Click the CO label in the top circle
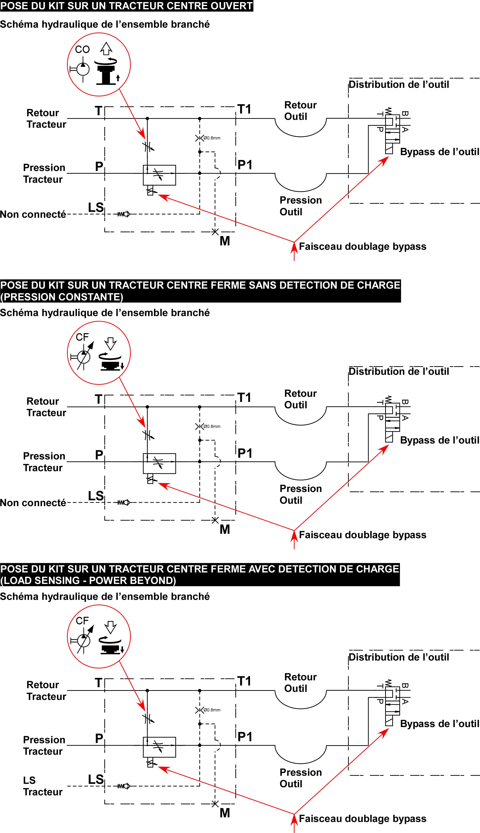(82, 49)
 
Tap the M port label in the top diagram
(225, 241)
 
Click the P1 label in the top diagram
(245, 165)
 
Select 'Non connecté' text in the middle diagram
(33, 503)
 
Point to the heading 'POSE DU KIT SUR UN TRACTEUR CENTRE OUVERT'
(126, 6)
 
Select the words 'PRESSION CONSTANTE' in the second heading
(62, 297)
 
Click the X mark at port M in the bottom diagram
(215, 804)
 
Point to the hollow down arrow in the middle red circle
(111, 343)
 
